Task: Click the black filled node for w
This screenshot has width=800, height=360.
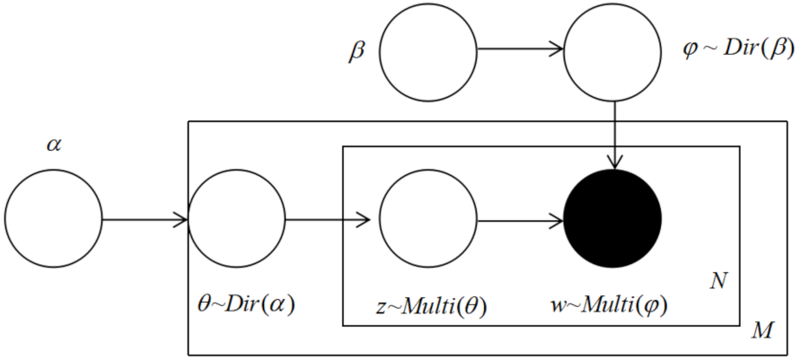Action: (612, 218)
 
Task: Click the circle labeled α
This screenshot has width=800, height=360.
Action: (54, 218)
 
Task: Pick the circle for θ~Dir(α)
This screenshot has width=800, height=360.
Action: (237, 218)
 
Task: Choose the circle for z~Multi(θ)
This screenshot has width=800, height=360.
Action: (428, 218)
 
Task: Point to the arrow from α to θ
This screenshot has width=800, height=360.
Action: (145, 218)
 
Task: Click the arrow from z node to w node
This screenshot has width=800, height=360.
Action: (520, 218)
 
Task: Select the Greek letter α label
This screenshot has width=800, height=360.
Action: (53, 145)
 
